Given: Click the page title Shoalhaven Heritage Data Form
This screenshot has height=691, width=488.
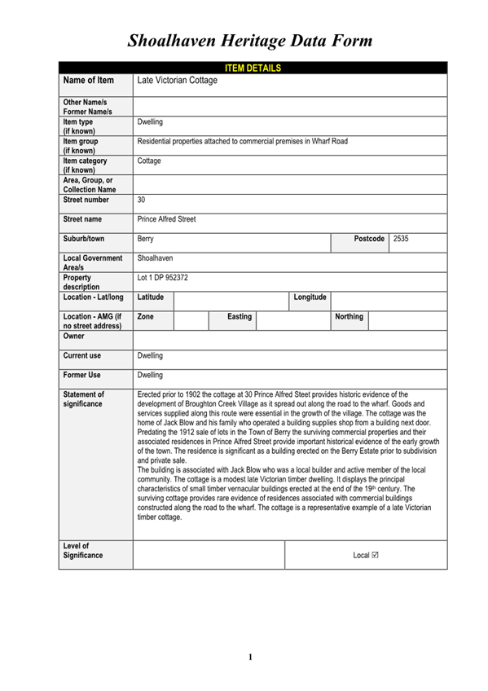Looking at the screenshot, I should (250, 40).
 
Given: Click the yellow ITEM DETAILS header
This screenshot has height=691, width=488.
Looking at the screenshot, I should (252, 68).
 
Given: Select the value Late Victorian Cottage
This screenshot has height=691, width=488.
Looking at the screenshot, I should (178, 81).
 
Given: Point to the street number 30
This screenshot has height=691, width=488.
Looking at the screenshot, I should (142, 199).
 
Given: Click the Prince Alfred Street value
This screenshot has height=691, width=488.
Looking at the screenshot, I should (166, 219).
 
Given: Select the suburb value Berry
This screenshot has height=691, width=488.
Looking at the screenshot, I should (146, 239).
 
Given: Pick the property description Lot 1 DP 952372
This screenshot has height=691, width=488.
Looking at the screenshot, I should (163, 278).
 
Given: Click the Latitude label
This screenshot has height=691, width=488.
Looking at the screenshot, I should (151, 297).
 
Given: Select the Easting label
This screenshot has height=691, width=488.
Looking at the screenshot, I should (240, 316).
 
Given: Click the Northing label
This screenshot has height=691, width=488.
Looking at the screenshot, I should (349, 316).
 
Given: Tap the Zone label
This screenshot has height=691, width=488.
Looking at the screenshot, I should (146, 316).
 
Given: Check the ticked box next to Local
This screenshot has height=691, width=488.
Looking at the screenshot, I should (375, 555).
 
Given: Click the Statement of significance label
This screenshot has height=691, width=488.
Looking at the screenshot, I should (84, 399).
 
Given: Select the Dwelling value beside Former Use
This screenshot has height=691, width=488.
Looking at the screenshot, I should (150, 376).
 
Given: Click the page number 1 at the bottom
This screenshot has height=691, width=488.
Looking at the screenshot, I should (251, 657).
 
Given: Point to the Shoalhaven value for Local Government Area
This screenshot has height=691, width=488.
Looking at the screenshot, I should (155, 257).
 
